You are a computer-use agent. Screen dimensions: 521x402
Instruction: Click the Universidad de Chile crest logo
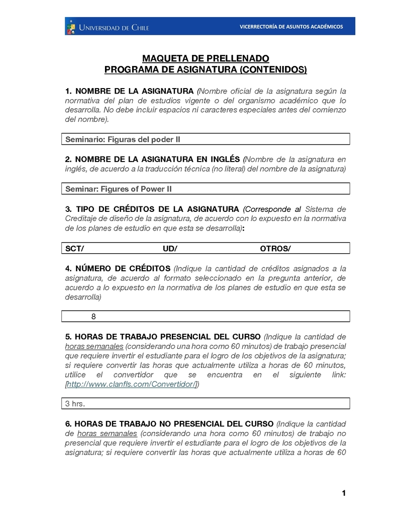click(71, 27)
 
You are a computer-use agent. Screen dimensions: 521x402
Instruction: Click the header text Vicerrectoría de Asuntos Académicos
click(291, 27)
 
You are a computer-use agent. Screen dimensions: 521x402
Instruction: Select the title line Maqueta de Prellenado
click(206, 58)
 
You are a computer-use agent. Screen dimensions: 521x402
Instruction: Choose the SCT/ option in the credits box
click(75, 248)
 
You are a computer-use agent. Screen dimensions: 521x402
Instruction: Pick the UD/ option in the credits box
click(170, 248)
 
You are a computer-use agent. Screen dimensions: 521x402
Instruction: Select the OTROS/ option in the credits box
click(275, 248)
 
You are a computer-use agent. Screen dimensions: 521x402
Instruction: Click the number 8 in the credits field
click(93, 317)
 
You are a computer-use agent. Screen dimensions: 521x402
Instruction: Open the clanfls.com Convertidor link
click(132, 385)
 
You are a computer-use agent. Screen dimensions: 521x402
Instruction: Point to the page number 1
click(344, 493)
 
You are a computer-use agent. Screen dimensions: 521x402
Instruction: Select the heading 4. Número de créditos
click(118, 268)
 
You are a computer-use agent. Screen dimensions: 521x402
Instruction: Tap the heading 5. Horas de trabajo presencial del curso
click(163, 336)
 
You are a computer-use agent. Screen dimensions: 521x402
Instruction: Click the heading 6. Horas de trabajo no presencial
click(169, 423)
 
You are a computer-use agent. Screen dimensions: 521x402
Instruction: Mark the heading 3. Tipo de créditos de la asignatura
click(152, 209)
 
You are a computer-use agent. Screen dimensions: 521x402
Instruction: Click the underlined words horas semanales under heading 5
click(94, 346)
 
